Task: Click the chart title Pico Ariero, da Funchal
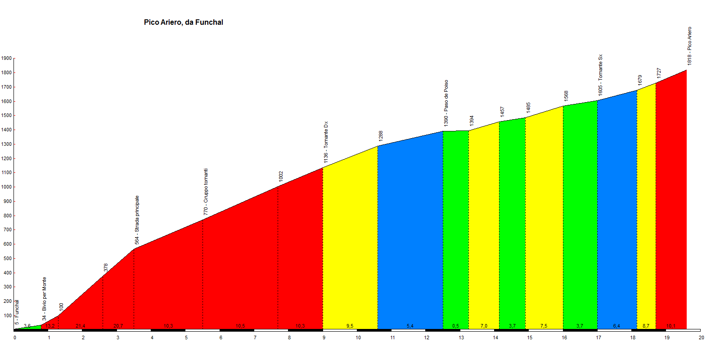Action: coord(183,22)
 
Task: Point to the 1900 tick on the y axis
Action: coord(6,58)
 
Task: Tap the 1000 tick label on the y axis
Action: coord(6,187)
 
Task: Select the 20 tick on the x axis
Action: coord(701,337)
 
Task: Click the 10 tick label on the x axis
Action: coord(358,337)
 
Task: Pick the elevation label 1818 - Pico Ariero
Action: coord(689,46)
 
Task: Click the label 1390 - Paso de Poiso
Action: coord(446,103)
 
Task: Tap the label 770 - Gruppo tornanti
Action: coord(206,192)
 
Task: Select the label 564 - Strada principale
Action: coord(137,220)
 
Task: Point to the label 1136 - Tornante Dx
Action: coord(326,142)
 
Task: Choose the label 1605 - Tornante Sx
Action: coord(600,75)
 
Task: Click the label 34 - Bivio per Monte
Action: coord(44,299)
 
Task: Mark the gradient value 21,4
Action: coord(81,326)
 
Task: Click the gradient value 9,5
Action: coord(350,326)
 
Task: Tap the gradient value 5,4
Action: coord(410,326)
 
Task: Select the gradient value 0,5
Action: coord(456,326)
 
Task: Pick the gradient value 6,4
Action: coord(616,326)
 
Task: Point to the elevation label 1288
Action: coord(381,136)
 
